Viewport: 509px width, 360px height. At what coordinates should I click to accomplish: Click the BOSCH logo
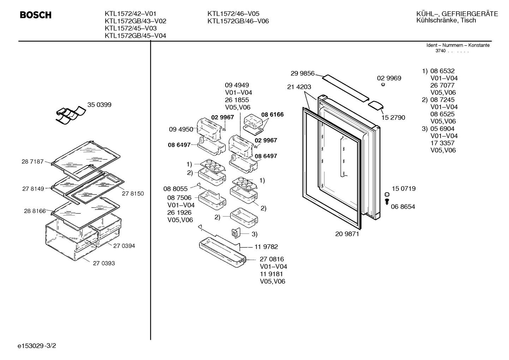click(36, 15)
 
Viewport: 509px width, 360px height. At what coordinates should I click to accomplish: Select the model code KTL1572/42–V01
click(131, 14)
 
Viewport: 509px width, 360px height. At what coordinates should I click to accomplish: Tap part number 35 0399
click(99, 105)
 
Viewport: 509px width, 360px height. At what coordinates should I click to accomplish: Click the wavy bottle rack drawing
click(71, 115)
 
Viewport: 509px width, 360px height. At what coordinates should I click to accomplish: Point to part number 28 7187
click(32, 161)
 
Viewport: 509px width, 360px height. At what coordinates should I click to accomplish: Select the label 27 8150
click(133, 194)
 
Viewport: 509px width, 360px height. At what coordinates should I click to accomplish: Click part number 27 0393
click(104, 263)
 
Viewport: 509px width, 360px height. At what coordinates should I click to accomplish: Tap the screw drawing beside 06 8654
click(387, 201)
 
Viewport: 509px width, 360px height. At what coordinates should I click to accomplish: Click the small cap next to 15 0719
click(387, 194)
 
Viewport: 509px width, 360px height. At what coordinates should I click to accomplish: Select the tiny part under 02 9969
click(383, 84)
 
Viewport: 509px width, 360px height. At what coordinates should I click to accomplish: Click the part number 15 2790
click(393, 118)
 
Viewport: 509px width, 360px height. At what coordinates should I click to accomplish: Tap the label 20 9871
click(347, 234)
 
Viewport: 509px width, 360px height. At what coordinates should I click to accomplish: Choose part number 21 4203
click(299, 87)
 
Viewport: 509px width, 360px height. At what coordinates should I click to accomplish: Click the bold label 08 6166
click(273, 114)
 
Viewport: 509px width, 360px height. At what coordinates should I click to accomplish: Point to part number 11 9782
click(266, 247)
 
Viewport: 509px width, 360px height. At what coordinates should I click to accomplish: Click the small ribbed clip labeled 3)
click(236, 233)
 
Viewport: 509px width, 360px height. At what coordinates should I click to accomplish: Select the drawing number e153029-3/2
click(37, 346)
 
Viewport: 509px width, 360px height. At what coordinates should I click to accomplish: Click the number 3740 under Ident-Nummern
click(441, 51)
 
